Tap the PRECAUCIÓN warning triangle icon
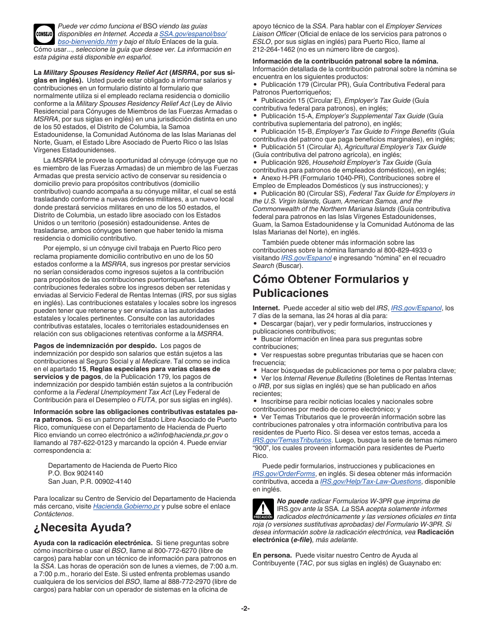(263, 509)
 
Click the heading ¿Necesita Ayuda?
(83, 527)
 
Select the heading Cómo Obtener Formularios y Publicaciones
(330, 286)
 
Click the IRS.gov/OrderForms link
(284, 473)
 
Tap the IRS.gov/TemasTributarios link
(291, 440)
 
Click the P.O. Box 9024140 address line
(75, 473)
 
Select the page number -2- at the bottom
(245, 608)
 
